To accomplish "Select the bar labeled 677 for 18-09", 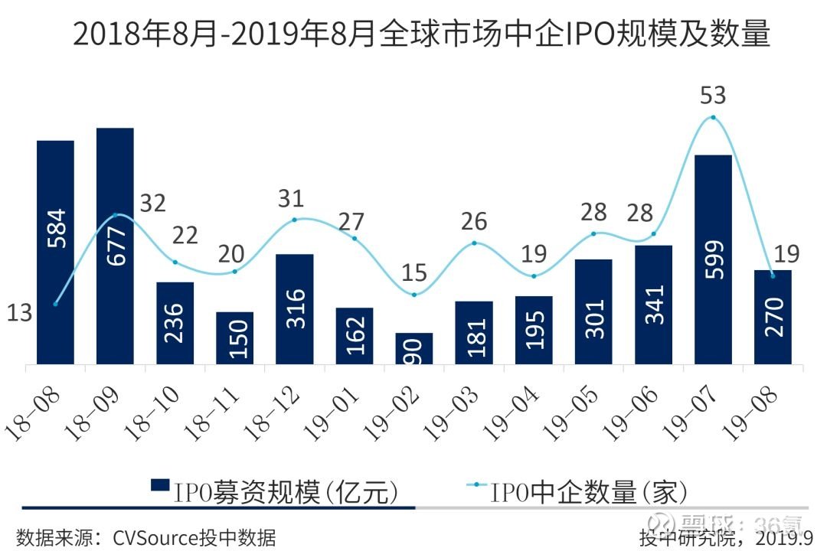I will pyautogui.click(x=115, y=246).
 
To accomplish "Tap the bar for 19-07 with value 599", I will pyautogui.click(x=713, y=259).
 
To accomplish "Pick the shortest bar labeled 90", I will pyautogui.click(x=414, y=348).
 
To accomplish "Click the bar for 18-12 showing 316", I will pyautogui.click(x=295, y=308).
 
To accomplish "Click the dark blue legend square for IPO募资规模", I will pyautogui.click(x=159, y=487).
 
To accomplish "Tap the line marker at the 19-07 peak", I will pyautogui.click(x=713, y=117).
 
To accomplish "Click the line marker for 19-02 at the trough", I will pyautogui.click(x=414, y=295).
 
